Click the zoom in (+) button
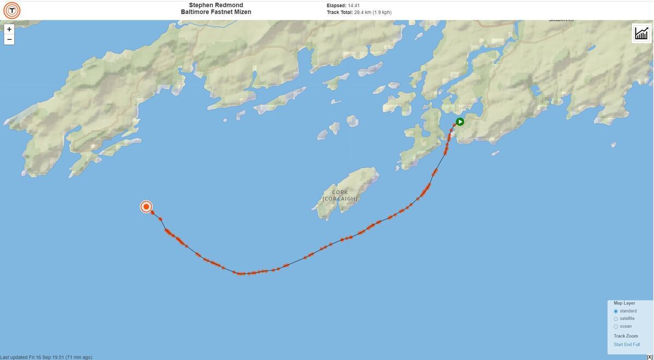[x=9, y=29]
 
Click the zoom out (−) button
[x=9, y=39]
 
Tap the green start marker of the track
[x=460, y=122]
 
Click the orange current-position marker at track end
[x=146, y=206]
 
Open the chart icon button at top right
[x=641, y=33]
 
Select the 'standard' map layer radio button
[x=616, y=311]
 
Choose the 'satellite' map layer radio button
[x=616, y=319]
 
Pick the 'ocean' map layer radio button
[x=616, y=326]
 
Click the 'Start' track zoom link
[x=619, y=344]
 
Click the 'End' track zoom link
[x=628, y=344]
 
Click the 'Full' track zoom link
[x=637, y=344]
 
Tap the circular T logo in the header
[x=11, y=10]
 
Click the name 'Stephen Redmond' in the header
[x=216, y=5]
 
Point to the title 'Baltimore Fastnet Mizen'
[x=216, y=12]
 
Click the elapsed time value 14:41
[x=354, y=5]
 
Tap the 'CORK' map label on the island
[x=340, y=192]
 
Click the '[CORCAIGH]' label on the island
[x=340, y=199]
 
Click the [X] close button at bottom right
[x=650, y=357]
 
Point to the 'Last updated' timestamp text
[x=46, y=357]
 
